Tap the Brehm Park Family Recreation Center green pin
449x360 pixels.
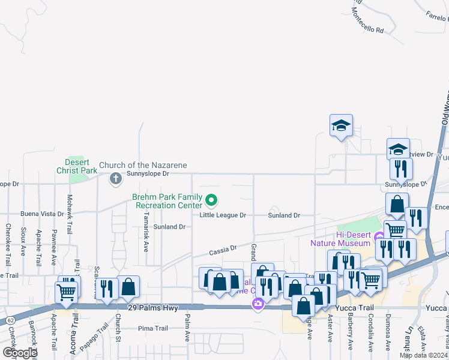tap(211, 200)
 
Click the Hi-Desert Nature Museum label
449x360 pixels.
tap(340, 239)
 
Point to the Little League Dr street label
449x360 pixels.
tap(223, 215)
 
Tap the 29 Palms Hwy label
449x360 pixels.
tap(152, 307)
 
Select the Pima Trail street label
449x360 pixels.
tap(152, 328)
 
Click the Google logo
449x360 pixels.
tap(20, 353)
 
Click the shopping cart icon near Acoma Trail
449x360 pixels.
tap(66, 292)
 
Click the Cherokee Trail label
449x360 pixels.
tap(8, 236)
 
